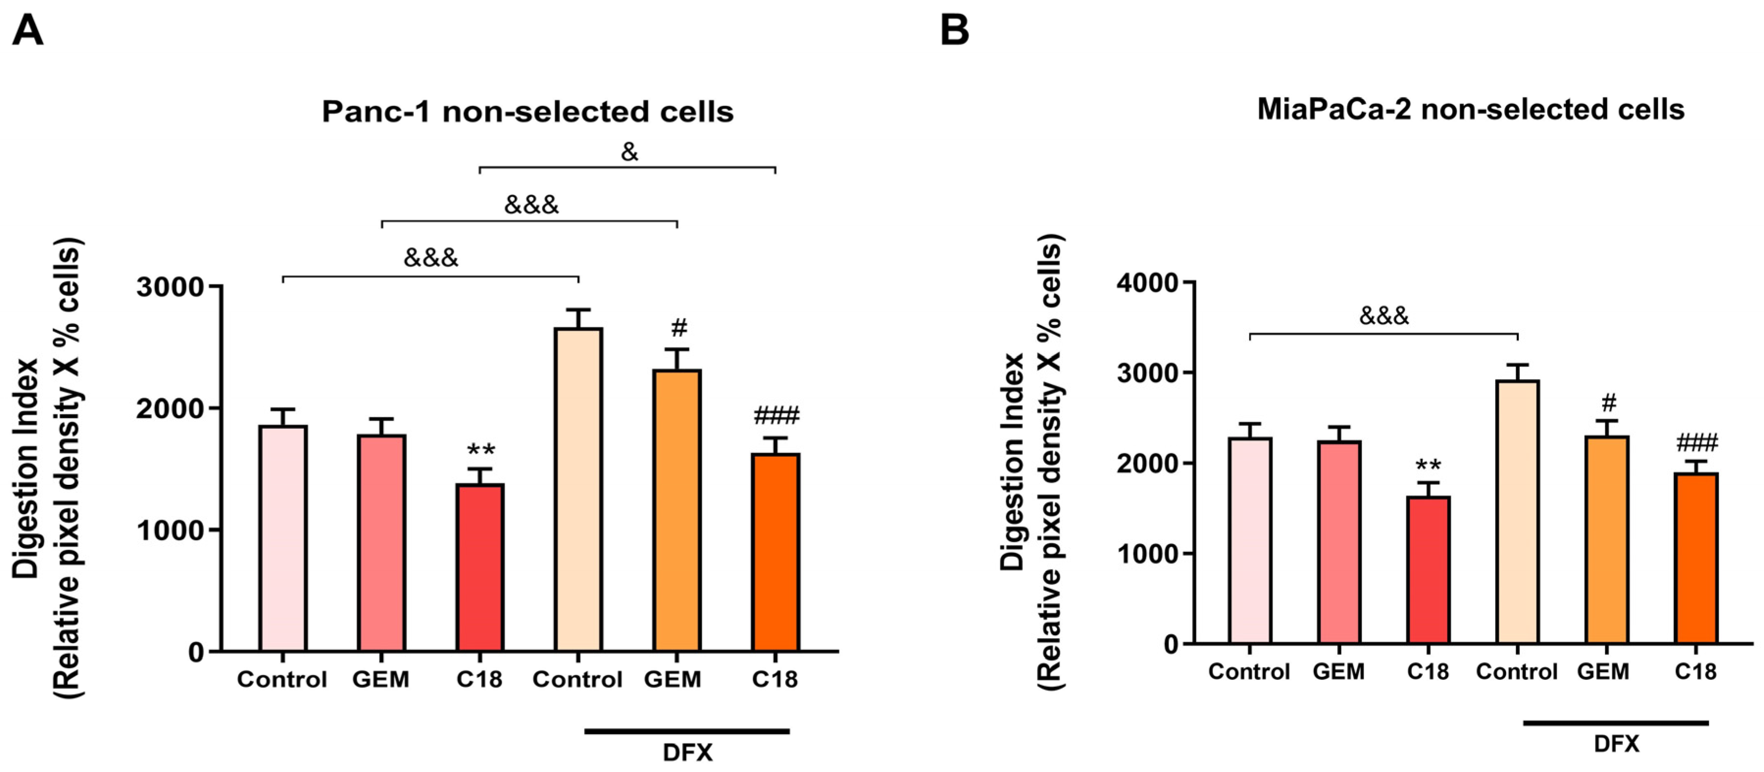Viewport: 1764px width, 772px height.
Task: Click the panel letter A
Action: (27, 31)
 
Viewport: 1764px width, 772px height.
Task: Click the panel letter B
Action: (955, 31)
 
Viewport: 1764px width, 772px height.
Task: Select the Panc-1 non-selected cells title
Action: (527, 112)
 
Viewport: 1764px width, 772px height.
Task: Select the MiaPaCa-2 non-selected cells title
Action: (1470, 109)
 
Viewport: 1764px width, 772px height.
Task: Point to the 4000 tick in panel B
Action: (1147, 283)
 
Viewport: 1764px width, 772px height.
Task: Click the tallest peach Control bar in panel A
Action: (579, 489)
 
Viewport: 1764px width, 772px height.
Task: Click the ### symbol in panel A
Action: (776, 416)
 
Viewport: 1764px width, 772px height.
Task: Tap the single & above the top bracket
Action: (629, 152)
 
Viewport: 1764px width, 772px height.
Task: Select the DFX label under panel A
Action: (688, 753)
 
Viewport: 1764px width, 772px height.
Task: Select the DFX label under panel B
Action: (1616, 744)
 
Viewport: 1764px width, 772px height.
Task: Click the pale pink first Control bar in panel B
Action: (1250, 541)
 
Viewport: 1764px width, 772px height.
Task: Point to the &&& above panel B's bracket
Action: (1384, 316)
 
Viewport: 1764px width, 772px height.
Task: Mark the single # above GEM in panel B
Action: (1609, 402)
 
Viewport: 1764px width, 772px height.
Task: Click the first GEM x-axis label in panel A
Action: (381, 680)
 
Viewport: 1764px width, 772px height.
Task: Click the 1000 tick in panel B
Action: (1147, 554)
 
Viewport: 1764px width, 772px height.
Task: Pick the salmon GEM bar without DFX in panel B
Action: (1339, 542)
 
